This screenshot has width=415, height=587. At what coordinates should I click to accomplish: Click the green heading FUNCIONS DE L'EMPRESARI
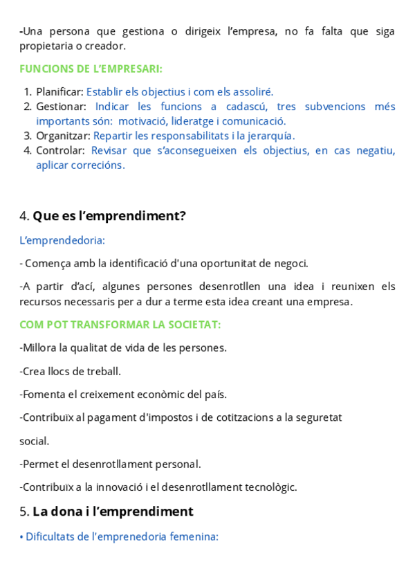coord(91,69)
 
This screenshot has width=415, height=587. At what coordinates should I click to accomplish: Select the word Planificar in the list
coord(59,91)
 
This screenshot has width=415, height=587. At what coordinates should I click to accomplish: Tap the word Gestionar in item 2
coord(61,107)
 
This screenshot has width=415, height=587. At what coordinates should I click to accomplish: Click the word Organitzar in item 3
coord(63,136)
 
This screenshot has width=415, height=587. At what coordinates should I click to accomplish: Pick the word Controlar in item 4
coord(60,150)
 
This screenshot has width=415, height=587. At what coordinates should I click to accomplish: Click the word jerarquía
coord(271,136)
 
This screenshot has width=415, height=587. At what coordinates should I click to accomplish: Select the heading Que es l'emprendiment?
coord(109,216)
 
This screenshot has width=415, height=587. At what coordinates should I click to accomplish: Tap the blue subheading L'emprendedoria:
coord(62,240)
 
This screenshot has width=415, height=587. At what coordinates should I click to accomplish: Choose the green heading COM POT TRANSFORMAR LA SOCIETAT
coord(120,325)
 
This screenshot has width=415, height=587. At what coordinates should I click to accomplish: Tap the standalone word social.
coord(34,441)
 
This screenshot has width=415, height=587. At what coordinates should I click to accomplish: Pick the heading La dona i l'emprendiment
coord(113,512)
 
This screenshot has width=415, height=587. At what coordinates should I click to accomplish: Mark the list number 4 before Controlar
coord(27,150)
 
